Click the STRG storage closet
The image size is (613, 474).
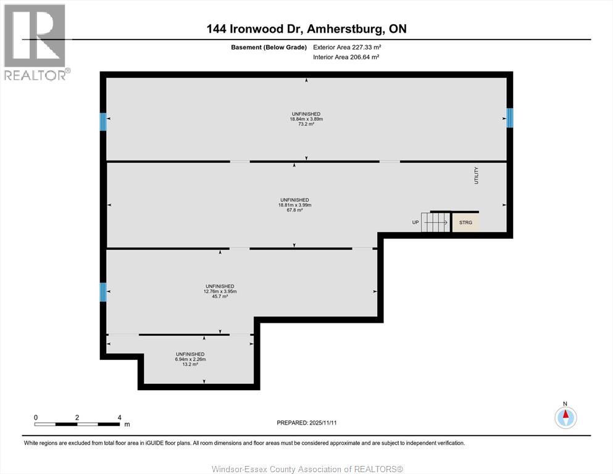pyautogui.click(x=465, y=222)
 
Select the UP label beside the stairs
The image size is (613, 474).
pyautogui.click(x=415, y=222)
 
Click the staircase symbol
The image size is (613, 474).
pyautogui.click(x=436, y=222)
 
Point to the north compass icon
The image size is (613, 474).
pyautogui.click(x=565, y=417)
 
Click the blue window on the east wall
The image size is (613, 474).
pyautogui.click(x=509, y=117)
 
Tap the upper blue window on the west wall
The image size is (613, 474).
pyautogui.click(x=103, y=122)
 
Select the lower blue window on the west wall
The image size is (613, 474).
pyautogui.click(x=103, y=292)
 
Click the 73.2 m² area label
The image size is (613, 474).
pyautogui.click(x=307, y=124)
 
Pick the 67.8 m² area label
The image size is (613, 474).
pyautogui.click(x=294, y=210)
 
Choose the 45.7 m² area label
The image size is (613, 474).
pyautogui.click(x=220, y=296)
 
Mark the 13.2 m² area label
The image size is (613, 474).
pyautogui.click(x=190, y=364)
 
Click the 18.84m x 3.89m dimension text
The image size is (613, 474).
pyautogui.click(x=307, y=119)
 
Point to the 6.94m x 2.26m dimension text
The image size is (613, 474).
pyautogui.click(x=190, y=359)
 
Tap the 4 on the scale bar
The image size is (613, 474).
pyautogui.click(x=119, y=417)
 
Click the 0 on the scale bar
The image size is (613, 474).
pyautogui.click(x=36, y=417)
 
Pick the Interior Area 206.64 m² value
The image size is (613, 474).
pyautogui.click(x=361, y=57)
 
